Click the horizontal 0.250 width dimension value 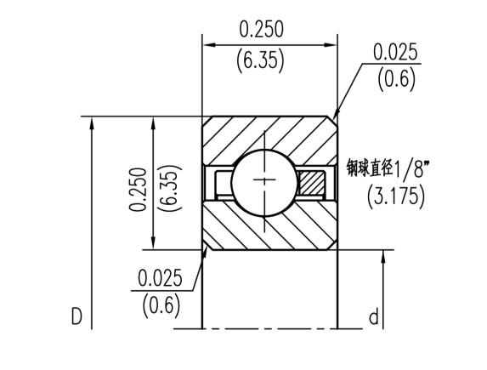coord(261,30)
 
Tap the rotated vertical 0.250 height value coord(138,189)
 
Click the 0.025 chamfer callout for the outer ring coord(395,52)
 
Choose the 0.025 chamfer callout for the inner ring coord(161,277)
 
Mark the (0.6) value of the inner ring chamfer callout coord(161,304)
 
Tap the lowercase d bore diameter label coord(373,318)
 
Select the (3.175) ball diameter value coord(396,197)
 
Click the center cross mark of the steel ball coord(269,182)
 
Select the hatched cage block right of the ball coord(313,182)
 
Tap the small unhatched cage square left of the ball coord(224,182)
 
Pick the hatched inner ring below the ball coord(269,228)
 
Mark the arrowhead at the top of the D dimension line coord(90,122)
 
